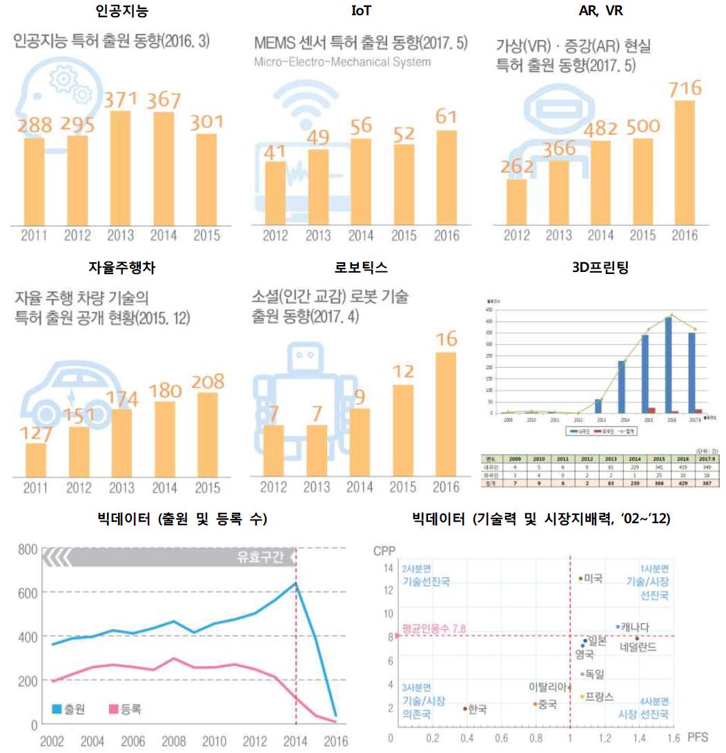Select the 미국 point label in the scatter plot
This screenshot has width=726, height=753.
click(593, 578)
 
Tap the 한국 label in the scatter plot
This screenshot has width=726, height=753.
click(477, 709)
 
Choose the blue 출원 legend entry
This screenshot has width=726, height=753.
click(68, 709)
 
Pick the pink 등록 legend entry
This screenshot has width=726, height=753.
click(125, 709)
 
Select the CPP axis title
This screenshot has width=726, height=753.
click(383, 551)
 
